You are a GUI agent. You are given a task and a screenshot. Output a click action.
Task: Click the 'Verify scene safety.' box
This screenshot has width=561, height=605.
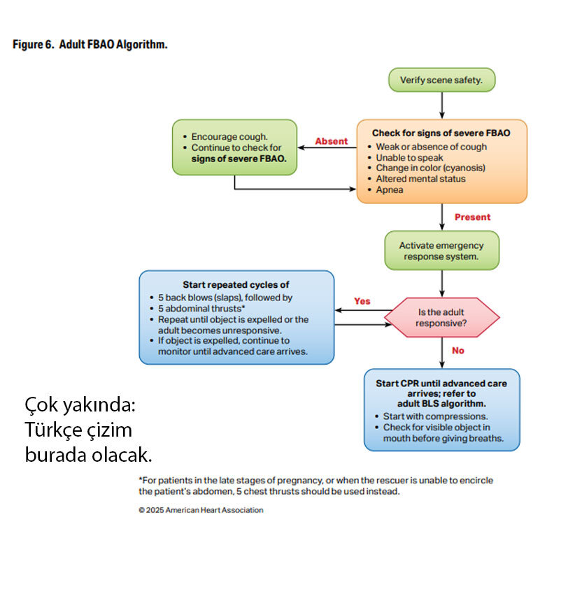point(441,80)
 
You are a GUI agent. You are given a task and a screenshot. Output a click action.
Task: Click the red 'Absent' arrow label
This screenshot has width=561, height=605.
point(331,141)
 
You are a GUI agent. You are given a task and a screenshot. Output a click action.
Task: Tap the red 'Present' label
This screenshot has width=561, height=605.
point(472,217)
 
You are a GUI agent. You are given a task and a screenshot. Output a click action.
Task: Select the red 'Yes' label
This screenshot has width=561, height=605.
point(362,301)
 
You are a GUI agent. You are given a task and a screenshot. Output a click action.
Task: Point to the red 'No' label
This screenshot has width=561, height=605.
point(457,351)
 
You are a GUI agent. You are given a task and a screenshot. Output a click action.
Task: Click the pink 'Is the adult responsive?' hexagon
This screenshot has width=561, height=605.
point(442,317)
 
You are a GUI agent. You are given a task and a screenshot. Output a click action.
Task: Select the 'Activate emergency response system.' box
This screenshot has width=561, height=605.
point(441,251)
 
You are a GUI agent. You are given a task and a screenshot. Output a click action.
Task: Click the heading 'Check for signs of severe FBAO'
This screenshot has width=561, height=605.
point(441,133)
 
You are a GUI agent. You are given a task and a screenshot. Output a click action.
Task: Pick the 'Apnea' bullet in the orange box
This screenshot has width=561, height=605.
point(390,189)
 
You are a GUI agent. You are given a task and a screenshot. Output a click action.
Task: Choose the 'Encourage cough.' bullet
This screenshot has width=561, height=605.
point(229,137)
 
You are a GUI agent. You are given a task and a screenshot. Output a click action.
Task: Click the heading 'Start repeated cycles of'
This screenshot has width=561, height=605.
point(236,285)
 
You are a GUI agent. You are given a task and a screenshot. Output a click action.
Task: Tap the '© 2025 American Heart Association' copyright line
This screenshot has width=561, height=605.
point(201,510)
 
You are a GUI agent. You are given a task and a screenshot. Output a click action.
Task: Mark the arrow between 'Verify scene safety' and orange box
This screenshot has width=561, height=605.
point(442,105)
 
